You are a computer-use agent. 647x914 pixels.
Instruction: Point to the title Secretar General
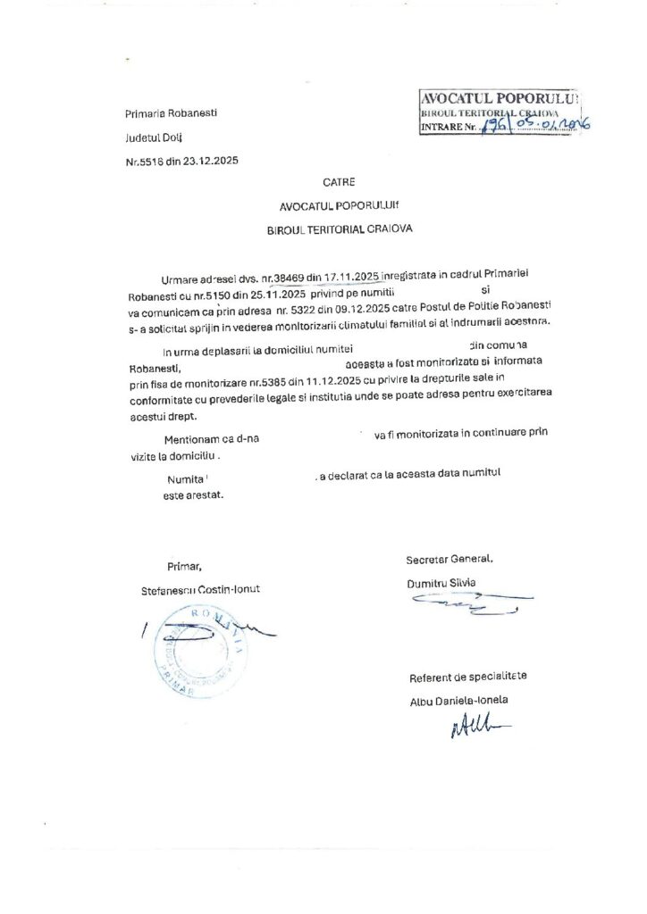click(x=450, y=559)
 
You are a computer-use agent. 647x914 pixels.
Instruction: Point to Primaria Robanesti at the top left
click(x=171, y=114)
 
